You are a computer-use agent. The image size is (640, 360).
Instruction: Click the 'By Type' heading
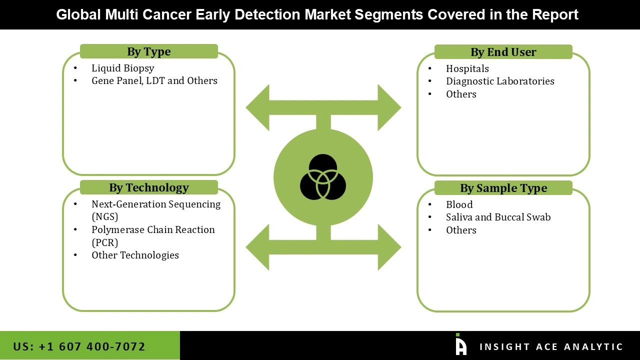[148, 51]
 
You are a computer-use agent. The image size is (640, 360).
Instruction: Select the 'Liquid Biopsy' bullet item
[122, 68]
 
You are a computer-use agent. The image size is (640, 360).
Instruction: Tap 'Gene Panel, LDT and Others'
[154, 80]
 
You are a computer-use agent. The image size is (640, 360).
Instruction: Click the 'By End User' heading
[503, 52]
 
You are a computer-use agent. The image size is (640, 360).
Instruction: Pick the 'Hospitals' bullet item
[467, 68]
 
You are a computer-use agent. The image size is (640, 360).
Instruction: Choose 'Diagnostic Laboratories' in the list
[500, 81]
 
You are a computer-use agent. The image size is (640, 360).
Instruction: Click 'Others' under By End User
[461, 94]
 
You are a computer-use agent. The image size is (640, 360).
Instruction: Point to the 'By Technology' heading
[148, 187]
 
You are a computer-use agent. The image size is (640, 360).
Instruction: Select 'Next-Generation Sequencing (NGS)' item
[155, 210]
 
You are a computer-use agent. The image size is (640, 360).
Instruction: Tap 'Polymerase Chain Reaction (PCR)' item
[152, 235]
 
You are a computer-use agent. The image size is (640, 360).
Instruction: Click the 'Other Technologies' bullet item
[135, 255]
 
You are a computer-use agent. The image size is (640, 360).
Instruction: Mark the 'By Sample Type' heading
[503, 188]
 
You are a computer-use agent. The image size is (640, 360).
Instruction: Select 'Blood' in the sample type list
[459, 204]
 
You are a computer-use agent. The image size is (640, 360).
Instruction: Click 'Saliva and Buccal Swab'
[498, 217]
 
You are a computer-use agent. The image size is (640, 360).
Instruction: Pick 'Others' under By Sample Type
[461, 230]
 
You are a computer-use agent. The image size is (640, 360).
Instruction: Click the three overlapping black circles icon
[323, 177]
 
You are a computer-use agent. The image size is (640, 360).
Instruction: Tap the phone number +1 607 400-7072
[79, 346]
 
